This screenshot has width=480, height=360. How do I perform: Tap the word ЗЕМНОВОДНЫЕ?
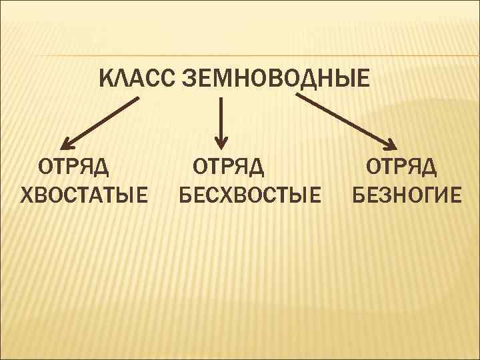[x=274, y=78]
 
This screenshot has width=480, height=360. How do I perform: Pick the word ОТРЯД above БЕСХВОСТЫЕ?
[x=229, y=166]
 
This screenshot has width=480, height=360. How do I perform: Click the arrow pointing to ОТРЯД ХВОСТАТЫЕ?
[x=100, y=122]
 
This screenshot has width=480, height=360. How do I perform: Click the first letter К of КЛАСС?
[x=107, y=78]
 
